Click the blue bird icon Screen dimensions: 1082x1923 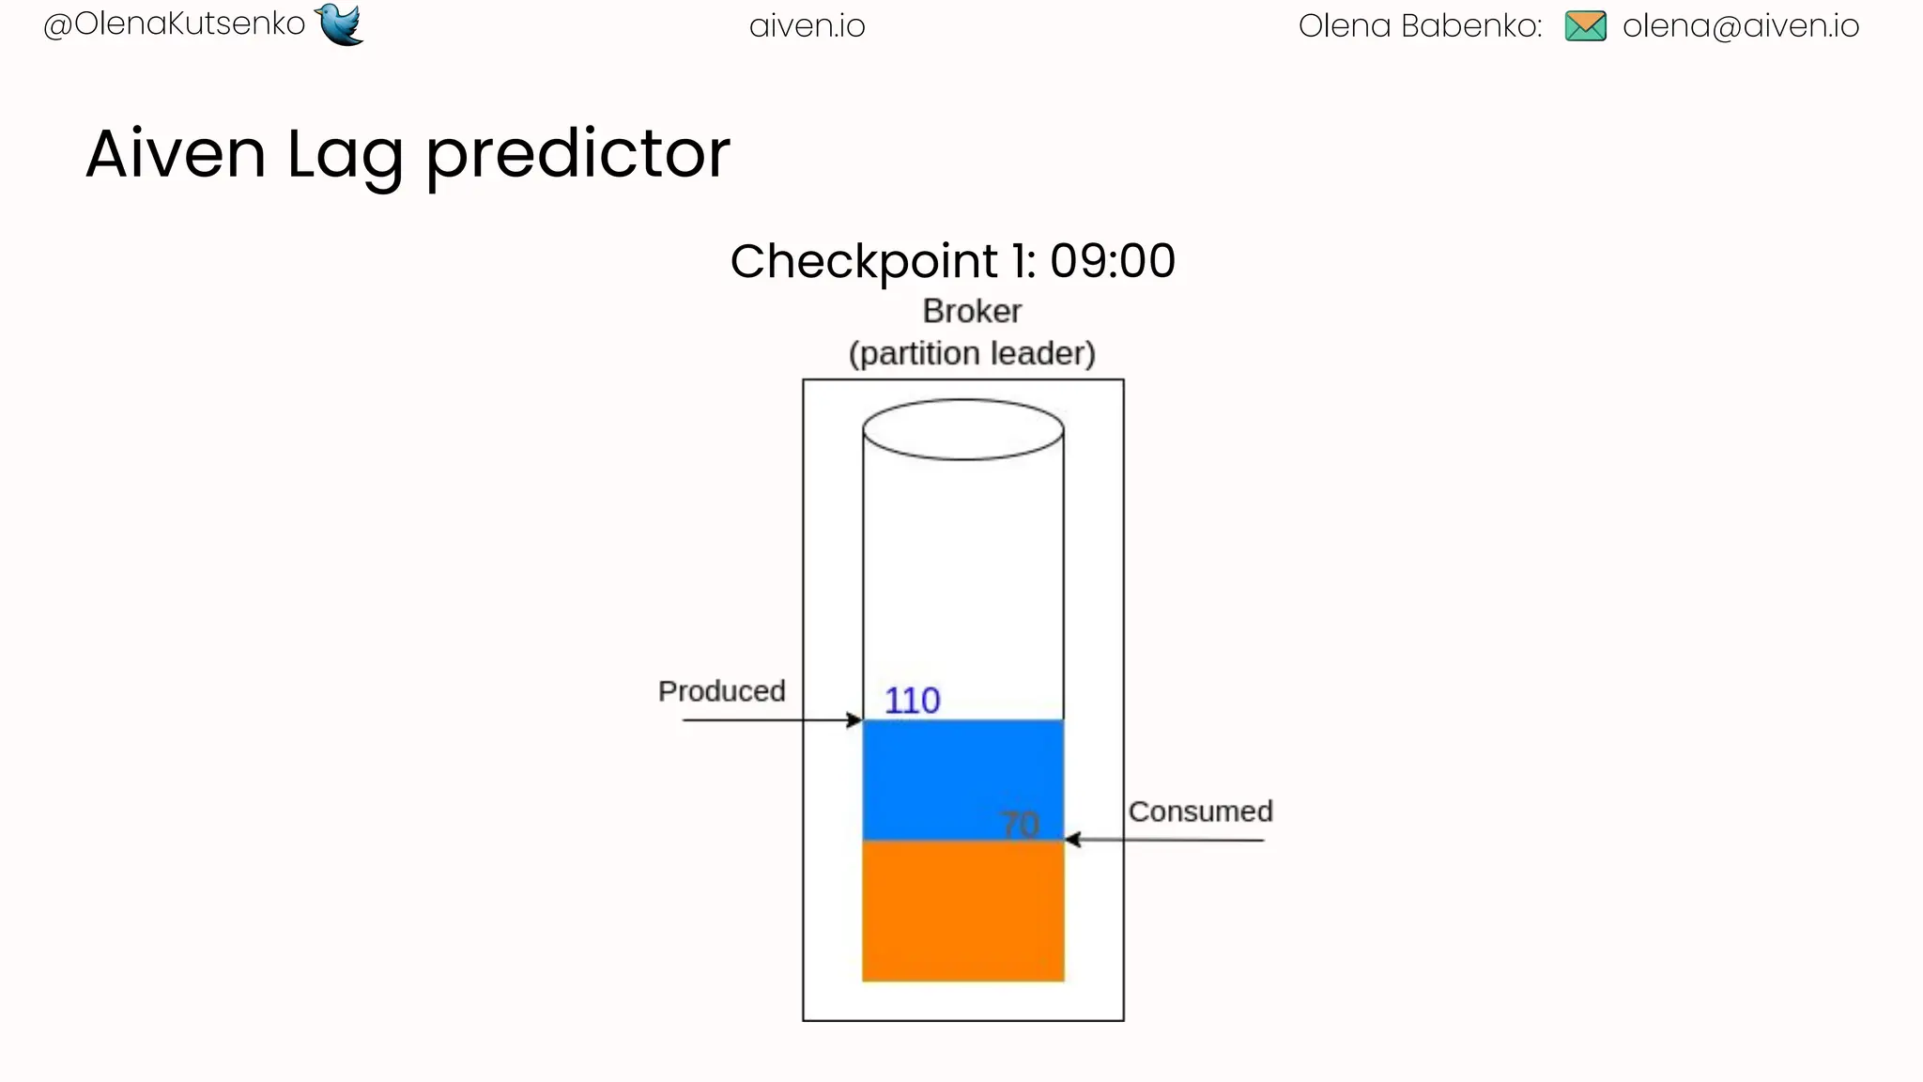point(340,23)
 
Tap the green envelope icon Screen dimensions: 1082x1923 point(1585,25)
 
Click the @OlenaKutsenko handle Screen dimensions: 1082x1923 point(175,24)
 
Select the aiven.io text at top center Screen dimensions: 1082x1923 point(807,26)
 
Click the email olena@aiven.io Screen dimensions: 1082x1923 point(1740,26)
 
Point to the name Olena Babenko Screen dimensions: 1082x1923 point(1419,26)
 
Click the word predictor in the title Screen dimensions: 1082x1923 point(577,155)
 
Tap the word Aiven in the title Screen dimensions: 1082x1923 point(176,153)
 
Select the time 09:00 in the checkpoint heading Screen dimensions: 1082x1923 point(1112,261)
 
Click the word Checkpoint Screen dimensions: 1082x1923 point(864,262)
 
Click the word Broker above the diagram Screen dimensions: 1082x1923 point(971,311)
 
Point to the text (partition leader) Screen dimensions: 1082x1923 point(972,354)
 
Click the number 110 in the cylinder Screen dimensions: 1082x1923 point(912,701)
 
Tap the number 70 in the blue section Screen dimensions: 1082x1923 point(1020,825)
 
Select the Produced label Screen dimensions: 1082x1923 point(721,691)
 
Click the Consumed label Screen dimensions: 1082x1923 point(1200,811)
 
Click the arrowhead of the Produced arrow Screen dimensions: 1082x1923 point(854,720)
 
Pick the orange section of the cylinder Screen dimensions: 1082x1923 point(962,911)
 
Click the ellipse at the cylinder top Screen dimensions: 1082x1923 point(962,429)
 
